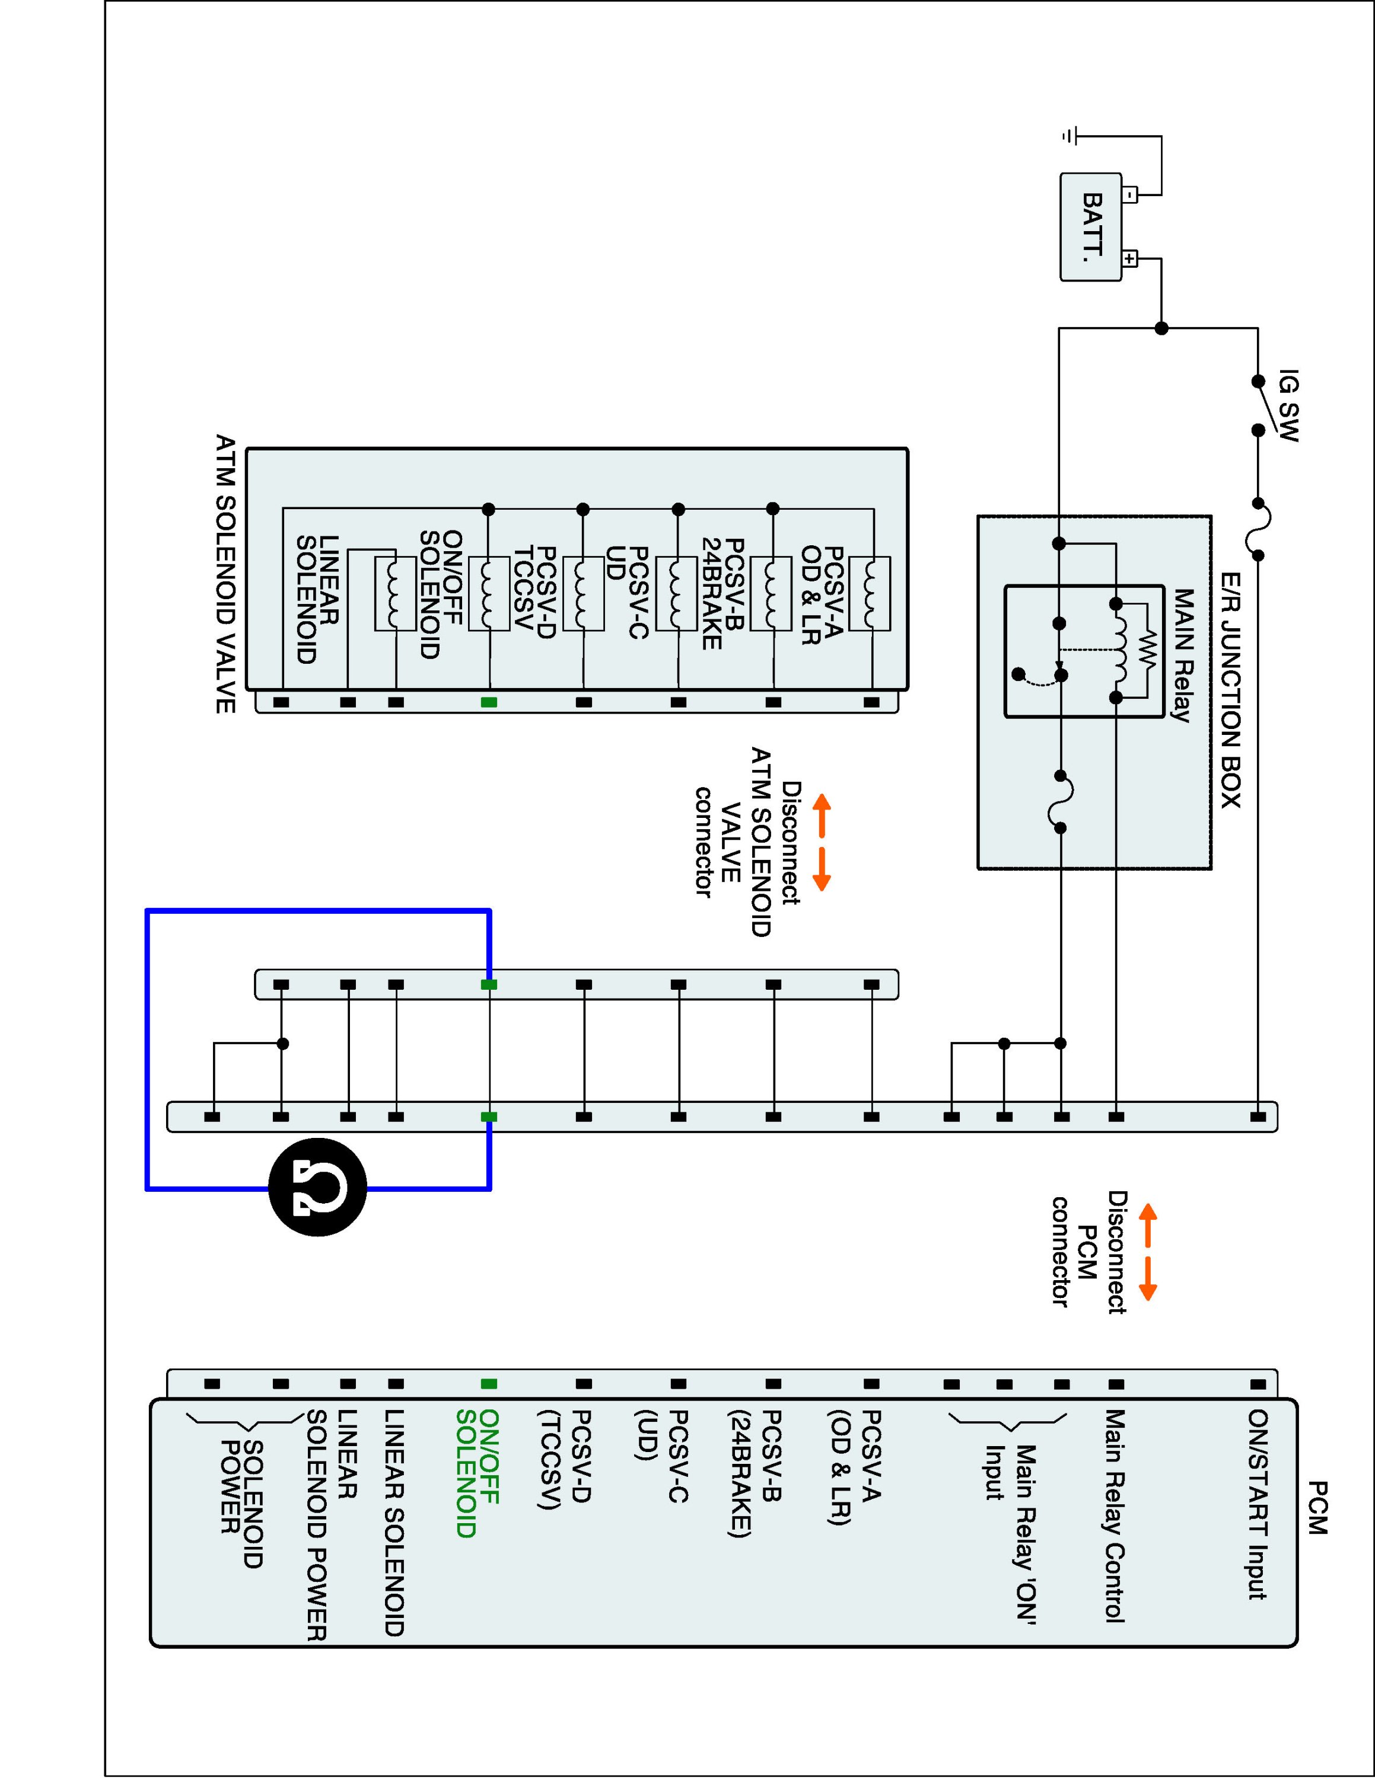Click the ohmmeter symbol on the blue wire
pos(318,1188)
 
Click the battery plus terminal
pos(1130,260)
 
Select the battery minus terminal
pos(1130,194)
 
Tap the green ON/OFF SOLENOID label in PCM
pos(478,1473)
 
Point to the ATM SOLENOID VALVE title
pos(225,574)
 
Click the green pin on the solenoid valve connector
pos(489,702)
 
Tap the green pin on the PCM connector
pos(489,1384)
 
